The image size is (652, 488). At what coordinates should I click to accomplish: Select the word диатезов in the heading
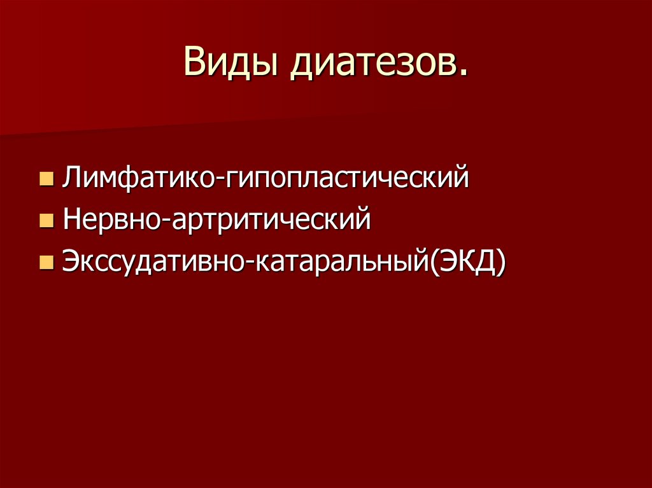372,64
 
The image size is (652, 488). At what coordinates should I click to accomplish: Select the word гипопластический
346,177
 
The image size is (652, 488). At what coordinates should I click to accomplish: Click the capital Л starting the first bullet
71,177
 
